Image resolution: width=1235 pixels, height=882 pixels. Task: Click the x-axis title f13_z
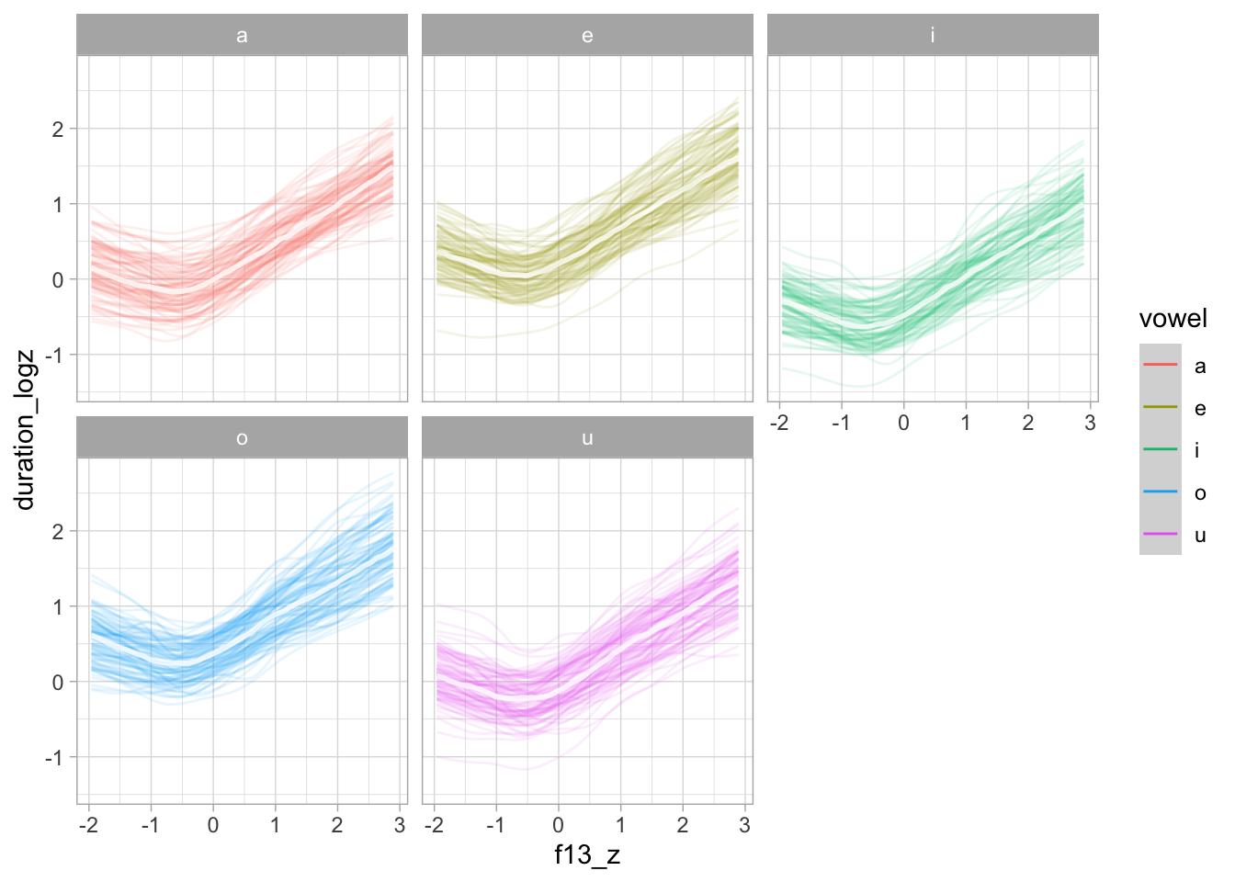(x=587, y=855)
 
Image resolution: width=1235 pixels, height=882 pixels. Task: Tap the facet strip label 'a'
(x=242, y=36)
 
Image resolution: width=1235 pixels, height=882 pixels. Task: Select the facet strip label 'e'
(x=587, y=36)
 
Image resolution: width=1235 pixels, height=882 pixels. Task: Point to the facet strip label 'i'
(x=933, y=36)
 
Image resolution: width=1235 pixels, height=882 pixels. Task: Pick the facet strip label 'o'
(x=242, y=438)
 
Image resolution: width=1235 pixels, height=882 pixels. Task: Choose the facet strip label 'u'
(x=587, y=438)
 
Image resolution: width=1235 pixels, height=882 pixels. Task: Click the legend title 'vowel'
(x=1173, y=319)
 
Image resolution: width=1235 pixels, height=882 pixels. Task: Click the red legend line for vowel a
(x=1160, y=366)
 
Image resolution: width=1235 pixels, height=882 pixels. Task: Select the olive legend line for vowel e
(x=1160, y=408)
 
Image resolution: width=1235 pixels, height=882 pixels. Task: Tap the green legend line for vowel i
(x=1160, y=450)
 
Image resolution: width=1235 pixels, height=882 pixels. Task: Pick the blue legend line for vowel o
(x=1160, y=492)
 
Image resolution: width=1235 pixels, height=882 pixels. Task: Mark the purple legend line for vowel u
(x=1160, y=535)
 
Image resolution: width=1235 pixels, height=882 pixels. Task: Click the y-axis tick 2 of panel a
(x=59, y=129)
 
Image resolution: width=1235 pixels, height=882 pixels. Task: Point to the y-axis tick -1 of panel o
(x=55, y=758)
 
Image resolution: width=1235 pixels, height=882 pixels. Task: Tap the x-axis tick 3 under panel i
(x=1090, y=423)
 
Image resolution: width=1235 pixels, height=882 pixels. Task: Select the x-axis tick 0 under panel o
(x=213, y=825)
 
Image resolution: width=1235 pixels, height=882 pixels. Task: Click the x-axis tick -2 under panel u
(x=434, y=825)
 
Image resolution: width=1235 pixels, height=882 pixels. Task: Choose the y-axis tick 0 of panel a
(x=59, y=280)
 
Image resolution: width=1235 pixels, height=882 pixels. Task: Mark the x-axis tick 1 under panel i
(x=966, y=423)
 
